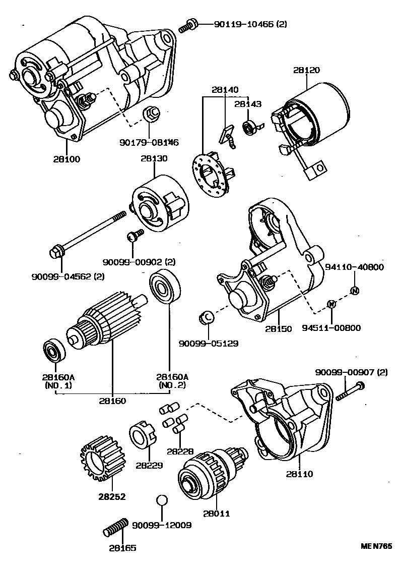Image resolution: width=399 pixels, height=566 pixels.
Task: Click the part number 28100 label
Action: pos(66,159)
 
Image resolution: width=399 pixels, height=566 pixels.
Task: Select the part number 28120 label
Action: pos(307,70)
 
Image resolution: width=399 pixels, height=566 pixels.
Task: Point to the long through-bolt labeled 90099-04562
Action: pos(88,233)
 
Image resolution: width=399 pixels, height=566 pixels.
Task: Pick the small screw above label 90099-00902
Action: pos(135,235)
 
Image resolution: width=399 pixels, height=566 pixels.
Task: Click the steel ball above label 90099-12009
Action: pos(161,500)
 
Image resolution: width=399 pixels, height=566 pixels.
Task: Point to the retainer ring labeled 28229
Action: pos(141,435)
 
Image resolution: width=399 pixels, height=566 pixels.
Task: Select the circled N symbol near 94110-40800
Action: pos(354,291)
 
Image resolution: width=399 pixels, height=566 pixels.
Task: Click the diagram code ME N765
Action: pos(376,546)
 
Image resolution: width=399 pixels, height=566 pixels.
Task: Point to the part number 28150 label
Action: pos(278,328)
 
